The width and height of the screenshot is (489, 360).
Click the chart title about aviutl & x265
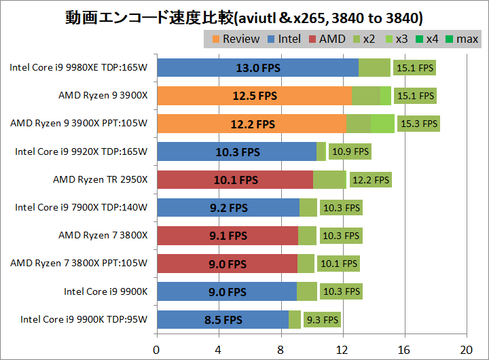[244, 16]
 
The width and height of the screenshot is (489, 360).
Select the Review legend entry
[235, 39]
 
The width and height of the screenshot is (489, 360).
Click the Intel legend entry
[283, 39]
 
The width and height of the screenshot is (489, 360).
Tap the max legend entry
[461, 39]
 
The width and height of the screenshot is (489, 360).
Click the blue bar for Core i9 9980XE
[257, 68]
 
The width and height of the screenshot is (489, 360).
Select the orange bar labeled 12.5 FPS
[254, 96]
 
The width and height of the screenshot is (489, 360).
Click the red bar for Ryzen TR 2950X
[235, 180]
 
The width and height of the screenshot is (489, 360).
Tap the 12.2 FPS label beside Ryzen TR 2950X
[371, 180]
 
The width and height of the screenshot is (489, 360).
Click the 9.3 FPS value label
[323, 319]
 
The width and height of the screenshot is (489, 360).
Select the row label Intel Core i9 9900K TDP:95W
[84, 319]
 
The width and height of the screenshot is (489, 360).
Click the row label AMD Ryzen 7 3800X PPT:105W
[79, 264]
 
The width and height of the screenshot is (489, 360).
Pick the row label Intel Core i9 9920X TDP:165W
[81, 152]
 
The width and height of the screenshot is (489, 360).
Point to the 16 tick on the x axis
[405, 350]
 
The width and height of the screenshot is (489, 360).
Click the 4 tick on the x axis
[219, 350]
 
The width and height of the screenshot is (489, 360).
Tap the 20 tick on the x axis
[467, 350]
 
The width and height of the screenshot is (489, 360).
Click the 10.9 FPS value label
[350, 152]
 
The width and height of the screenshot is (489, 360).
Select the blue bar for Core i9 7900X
[228, 208]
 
